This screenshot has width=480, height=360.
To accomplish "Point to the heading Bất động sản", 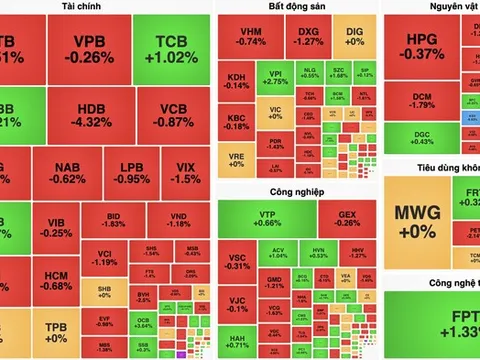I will pyautogui.click(x=297, y=7).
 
